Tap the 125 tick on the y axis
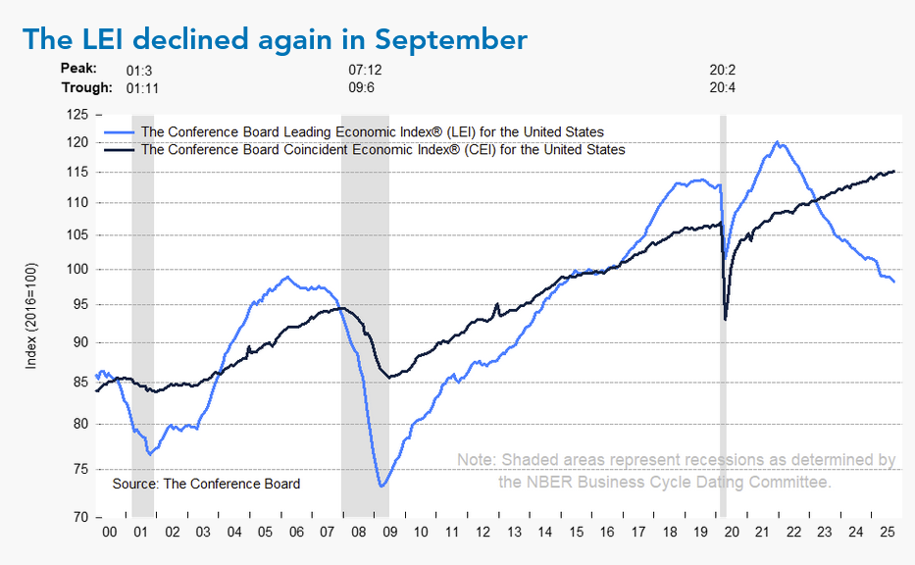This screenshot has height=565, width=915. click(x=76, y=115)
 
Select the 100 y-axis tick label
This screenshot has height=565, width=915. click(x=76, y=269)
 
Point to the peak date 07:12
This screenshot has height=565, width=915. click(x=365, y=71)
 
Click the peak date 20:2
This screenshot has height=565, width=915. click(x=723, y=71)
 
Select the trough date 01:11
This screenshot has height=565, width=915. click(x=143, y=88)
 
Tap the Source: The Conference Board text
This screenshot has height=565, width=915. click(x=206, y=484)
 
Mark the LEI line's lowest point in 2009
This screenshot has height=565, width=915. click(x=381, y=486)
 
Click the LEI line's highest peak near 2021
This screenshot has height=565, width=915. click(x=777, y=142)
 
